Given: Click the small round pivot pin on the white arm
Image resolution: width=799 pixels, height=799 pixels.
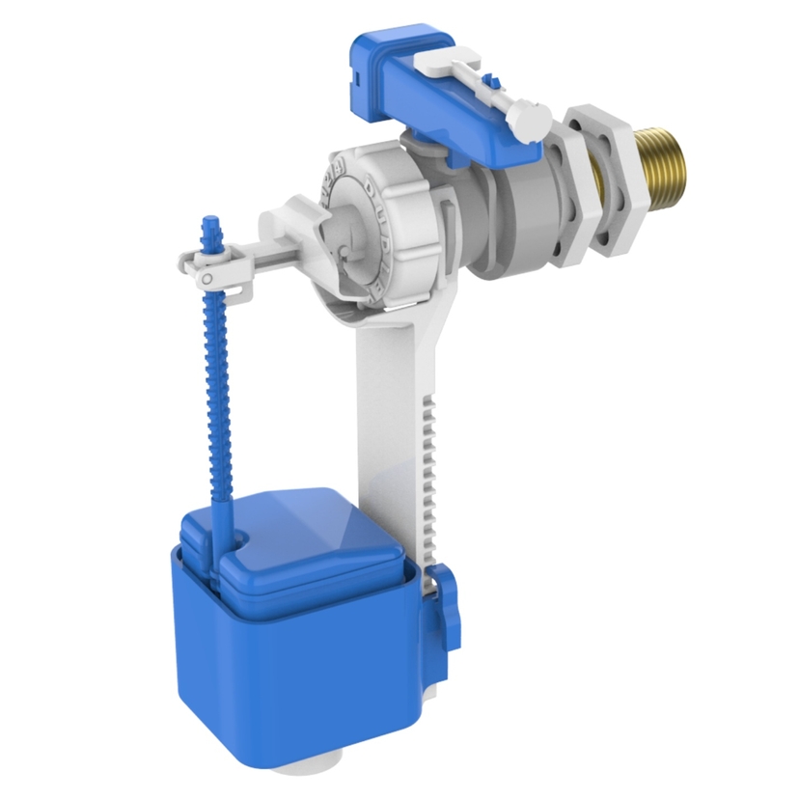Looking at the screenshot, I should [x=206, y=279].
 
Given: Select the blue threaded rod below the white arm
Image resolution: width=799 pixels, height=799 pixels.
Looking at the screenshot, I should [x=220, y=386].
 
